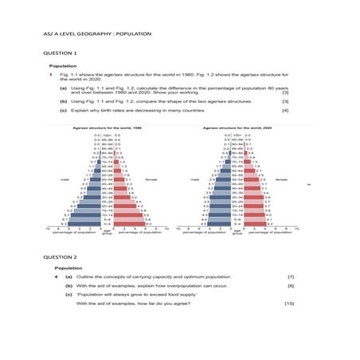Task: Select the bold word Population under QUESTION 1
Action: [x=63, y=66]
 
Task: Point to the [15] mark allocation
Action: [x=289, y=303]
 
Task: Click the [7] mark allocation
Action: [x=291, y=276]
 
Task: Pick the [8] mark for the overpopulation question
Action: [x=291, y=285]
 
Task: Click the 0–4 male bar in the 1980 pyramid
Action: [x=80, y=225]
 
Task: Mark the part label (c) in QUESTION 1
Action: [x=64, y=111]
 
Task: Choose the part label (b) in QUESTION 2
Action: [x=68, y=285]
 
